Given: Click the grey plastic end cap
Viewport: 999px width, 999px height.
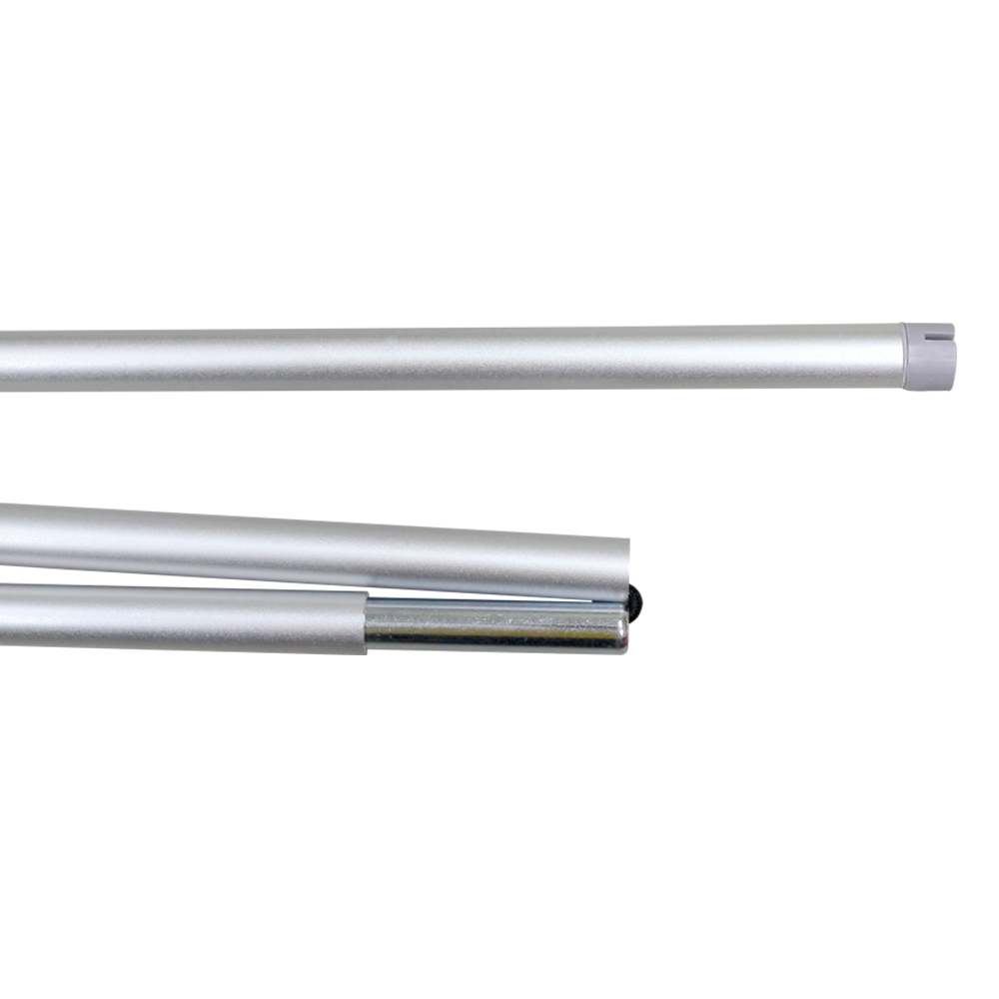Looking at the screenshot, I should point(928,356).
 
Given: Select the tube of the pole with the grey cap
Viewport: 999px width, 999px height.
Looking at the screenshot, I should point(450,358).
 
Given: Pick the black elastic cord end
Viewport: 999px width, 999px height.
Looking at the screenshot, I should point(636,599).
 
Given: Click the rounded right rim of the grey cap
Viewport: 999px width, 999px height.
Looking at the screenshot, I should point(951,358).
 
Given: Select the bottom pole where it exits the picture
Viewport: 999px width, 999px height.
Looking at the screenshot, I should point(4,616).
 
